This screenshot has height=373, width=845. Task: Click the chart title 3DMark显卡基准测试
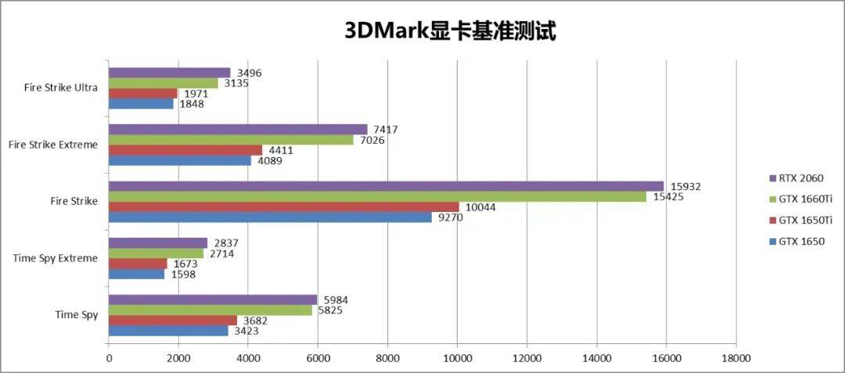tap(450, 30)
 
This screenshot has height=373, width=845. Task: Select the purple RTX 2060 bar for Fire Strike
tap(386, 186)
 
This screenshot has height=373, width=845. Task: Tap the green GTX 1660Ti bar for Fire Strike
tap(377, 196)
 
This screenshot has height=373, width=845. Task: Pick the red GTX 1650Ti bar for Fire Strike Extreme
tap(185, 150)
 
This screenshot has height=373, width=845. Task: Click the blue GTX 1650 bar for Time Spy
tap(168, 331)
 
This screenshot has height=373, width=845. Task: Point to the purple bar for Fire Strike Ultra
tap(169, 73)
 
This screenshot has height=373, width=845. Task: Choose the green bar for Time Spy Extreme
tap(156, 253)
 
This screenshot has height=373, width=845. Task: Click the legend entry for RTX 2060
tap(796, 178)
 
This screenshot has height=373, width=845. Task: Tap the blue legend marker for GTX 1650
tap(772, 242)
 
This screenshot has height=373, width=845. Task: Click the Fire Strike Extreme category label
tap(53, 145)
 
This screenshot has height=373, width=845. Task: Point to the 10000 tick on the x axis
tap(457, 358)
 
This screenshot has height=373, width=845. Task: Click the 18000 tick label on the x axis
tap(735, 358)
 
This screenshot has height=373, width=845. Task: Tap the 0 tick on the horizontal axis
tap(109, 358)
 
